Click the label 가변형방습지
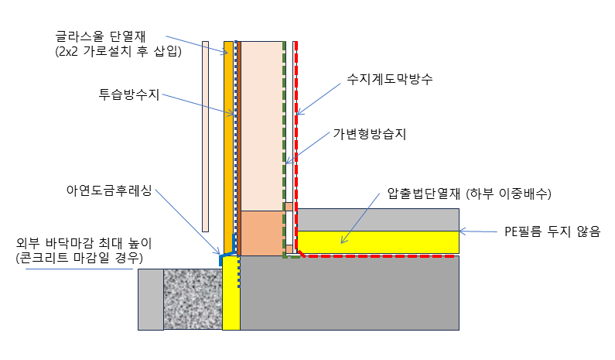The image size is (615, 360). pos(369,134)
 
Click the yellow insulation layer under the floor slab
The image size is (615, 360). pos(378,242)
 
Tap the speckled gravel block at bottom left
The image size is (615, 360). pos(193,299)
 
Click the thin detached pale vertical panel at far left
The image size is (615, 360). pos(205,135)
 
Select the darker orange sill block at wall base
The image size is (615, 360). pos(262,233)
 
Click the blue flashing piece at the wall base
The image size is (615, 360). pos(227,257)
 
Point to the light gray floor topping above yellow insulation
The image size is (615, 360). pos(378,219)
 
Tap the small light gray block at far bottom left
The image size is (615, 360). pos(150,299)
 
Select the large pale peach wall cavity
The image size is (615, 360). pos(262,124)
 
